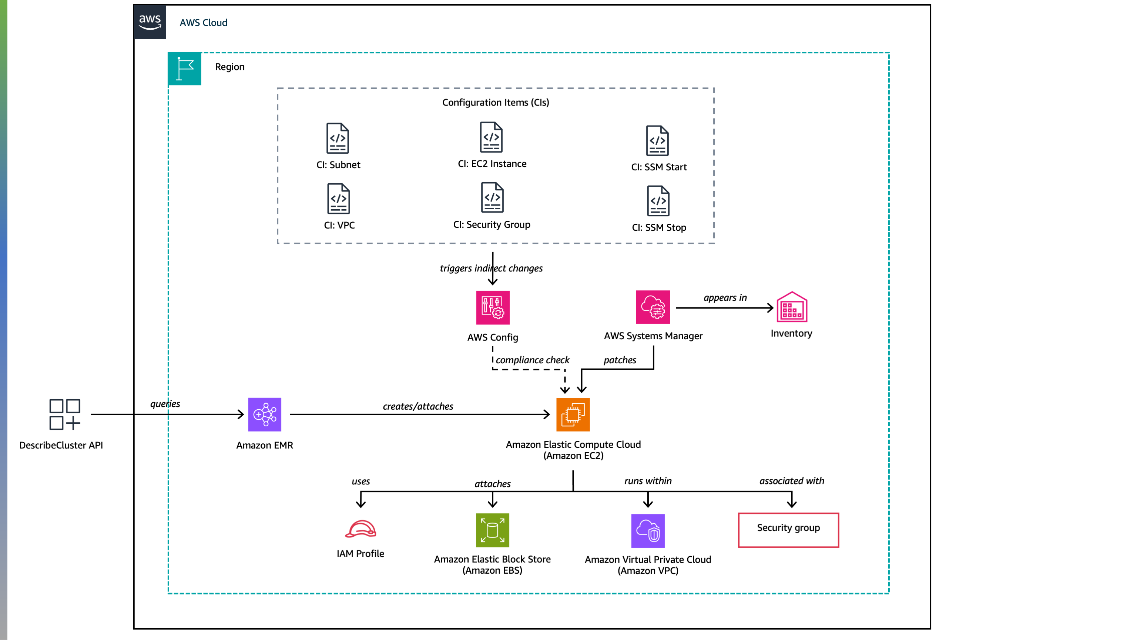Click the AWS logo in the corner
click(x=150, y=21)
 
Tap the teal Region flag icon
click(x=184, y=69)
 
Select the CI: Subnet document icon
click(x=338, y=138)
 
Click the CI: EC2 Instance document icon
click(x=491, y=137)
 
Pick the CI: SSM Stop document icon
click(x=658, y=201)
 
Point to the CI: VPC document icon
click(x=339, y=199)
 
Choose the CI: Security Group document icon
click(x=492, y=197)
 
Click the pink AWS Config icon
click(x=493, y=307)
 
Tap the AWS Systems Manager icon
click(x=653, y=307)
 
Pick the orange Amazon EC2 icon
click(x=573, y=414)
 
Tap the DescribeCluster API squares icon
click(x=64, y=414)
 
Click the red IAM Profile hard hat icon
click(x=360, y=529)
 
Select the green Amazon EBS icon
click(x=492, y=530)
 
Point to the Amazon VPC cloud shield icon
click(x=647, y=530)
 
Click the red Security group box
click(x=788, y=530)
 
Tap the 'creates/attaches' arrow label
click(x=417, y=406)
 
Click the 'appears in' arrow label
click(x=725, y=298)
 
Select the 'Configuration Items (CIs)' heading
click(x=496, y=103)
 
